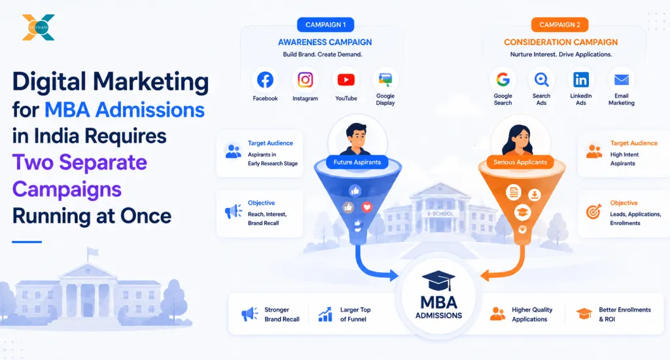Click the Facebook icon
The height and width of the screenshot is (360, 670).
pos(265,80)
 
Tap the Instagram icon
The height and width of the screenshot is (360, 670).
pos(305,80)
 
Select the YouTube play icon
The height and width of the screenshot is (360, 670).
pos(345,80)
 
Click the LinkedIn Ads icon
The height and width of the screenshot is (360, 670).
pos(581,79)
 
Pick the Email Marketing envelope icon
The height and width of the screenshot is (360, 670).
pos(622,79)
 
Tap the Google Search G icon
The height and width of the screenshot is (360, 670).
pos(503,79)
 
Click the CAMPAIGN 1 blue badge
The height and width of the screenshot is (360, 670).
pos(326,25)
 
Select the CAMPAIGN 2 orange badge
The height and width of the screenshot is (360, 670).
pos(560,25)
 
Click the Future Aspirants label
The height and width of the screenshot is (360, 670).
pos(357,162)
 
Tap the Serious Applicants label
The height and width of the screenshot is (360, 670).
pos(520,162)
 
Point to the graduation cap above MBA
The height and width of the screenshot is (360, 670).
pos(438,281)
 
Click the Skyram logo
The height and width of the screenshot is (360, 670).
pos(39,27)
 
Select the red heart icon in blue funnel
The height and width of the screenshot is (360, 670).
pos(366,207)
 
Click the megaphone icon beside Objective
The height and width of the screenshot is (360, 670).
pos(234,211)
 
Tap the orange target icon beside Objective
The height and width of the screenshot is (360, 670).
pos(593,211)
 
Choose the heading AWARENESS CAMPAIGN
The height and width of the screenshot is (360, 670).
pos(325,43)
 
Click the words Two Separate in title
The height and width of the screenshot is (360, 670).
pos(79,162)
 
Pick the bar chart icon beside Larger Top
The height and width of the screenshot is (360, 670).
pos(325,314)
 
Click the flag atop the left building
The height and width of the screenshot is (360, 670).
pos(93,251)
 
